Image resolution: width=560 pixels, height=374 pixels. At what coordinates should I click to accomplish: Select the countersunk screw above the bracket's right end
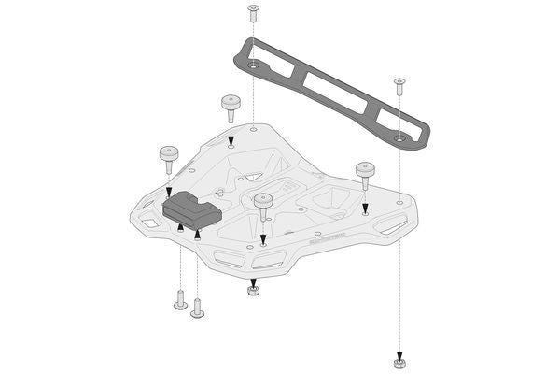point(399,83)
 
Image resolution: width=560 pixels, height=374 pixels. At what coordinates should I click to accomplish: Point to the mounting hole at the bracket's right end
point(399,137)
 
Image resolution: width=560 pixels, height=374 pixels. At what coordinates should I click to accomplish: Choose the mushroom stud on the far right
point(365,171)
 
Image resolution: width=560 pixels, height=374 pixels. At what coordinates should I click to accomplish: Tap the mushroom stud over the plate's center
point(264,201)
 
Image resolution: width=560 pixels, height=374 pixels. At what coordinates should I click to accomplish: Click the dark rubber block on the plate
point(191,210)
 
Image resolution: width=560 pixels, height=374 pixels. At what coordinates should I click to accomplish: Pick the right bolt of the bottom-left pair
point(197,309)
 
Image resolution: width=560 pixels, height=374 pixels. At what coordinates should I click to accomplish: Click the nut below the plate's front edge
point(252,291)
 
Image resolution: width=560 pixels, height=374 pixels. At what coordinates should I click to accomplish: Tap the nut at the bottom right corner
point(399,361)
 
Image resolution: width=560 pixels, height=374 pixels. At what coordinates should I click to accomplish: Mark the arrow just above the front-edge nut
point(252,278)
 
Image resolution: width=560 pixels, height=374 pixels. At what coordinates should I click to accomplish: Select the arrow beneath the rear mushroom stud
point(231,142)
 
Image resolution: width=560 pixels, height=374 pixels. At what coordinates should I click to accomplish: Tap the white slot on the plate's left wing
point(149,224)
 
